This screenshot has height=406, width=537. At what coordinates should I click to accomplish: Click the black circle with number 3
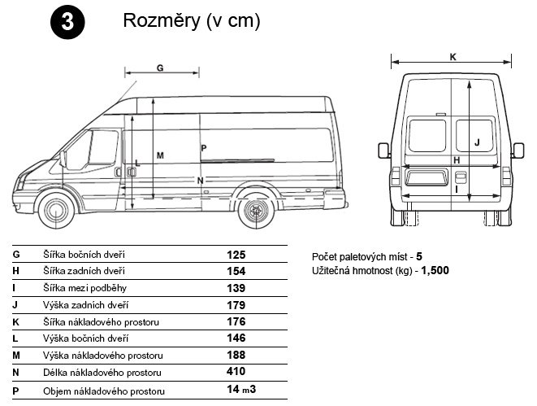[67, 22]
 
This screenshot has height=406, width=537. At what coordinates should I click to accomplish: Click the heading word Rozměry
[162, 20]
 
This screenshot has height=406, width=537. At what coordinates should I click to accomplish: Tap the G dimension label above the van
[160, 68]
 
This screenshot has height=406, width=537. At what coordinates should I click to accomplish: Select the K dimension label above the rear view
[453, 57]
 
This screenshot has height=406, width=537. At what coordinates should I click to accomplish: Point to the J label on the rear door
[477, 142]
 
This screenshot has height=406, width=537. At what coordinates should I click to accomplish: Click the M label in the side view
[160, 155]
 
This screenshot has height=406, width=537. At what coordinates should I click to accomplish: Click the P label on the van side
[204, 148]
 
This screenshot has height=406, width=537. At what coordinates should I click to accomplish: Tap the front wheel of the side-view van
[57, 211]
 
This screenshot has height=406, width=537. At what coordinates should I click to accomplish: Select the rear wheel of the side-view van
[256, 211]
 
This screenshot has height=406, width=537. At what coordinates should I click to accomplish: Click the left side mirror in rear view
[383, 151]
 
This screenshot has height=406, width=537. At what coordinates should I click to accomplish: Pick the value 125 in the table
[236, 255]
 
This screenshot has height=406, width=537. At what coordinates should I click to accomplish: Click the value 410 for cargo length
[236, 371]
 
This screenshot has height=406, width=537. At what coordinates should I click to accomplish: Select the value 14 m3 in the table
[241, 389]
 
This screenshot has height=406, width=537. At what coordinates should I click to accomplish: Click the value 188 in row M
[236, 355]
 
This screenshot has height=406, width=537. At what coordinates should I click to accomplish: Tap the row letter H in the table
[15, 271]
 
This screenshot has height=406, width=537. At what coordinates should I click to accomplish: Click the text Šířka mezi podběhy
[85, 288]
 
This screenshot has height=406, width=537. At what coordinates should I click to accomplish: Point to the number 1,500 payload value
[435, 271]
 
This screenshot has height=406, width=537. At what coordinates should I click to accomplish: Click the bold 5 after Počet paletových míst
[419, 256]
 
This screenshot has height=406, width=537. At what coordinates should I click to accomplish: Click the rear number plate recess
[427, 177]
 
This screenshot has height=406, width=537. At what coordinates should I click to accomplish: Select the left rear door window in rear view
[427, 135]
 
